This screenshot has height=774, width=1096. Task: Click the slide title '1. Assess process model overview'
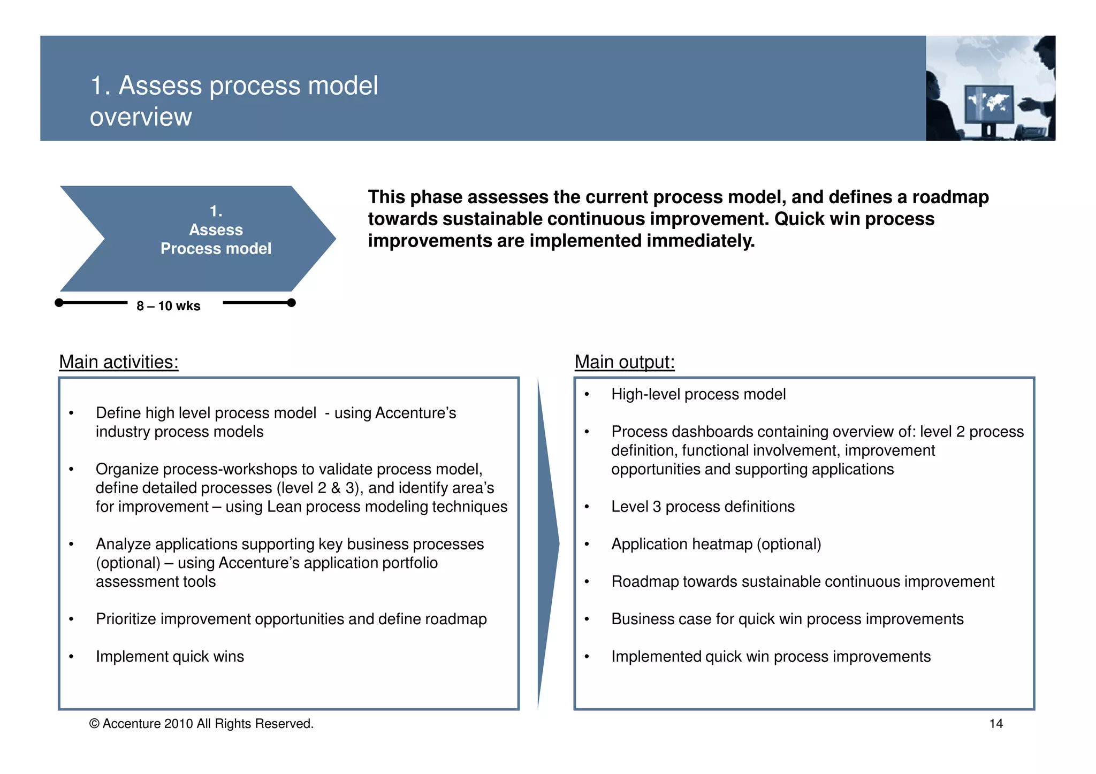234,101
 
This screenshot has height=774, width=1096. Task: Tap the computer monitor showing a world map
988,104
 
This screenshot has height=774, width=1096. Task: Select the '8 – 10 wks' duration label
168,306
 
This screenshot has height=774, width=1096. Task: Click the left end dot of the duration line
59,303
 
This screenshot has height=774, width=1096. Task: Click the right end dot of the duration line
291,303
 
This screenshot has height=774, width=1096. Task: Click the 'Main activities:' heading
118,362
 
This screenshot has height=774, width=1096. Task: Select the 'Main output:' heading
624,362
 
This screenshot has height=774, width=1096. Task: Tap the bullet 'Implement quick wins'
170,656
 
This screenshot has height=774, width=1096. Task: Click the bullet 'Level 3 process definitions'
703,507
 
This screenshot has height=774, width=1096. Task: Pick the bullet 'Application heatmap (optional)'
716,544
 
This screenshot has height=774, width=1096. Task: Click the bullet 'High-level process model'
698,394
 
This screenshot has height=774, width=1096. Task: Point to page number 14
995,724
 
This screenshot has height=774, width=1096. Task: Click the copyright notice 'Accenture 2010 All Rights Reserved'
202,724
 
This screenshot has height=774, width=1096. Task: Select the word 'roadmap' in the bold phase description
950,197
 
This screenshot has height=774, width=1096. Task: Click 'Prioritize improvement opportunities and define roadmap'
291,619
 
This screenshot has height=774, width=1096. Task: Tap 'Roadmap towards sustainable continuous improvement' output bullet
803,581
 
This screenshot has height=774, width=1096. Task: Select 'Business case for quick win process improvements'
787,619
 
